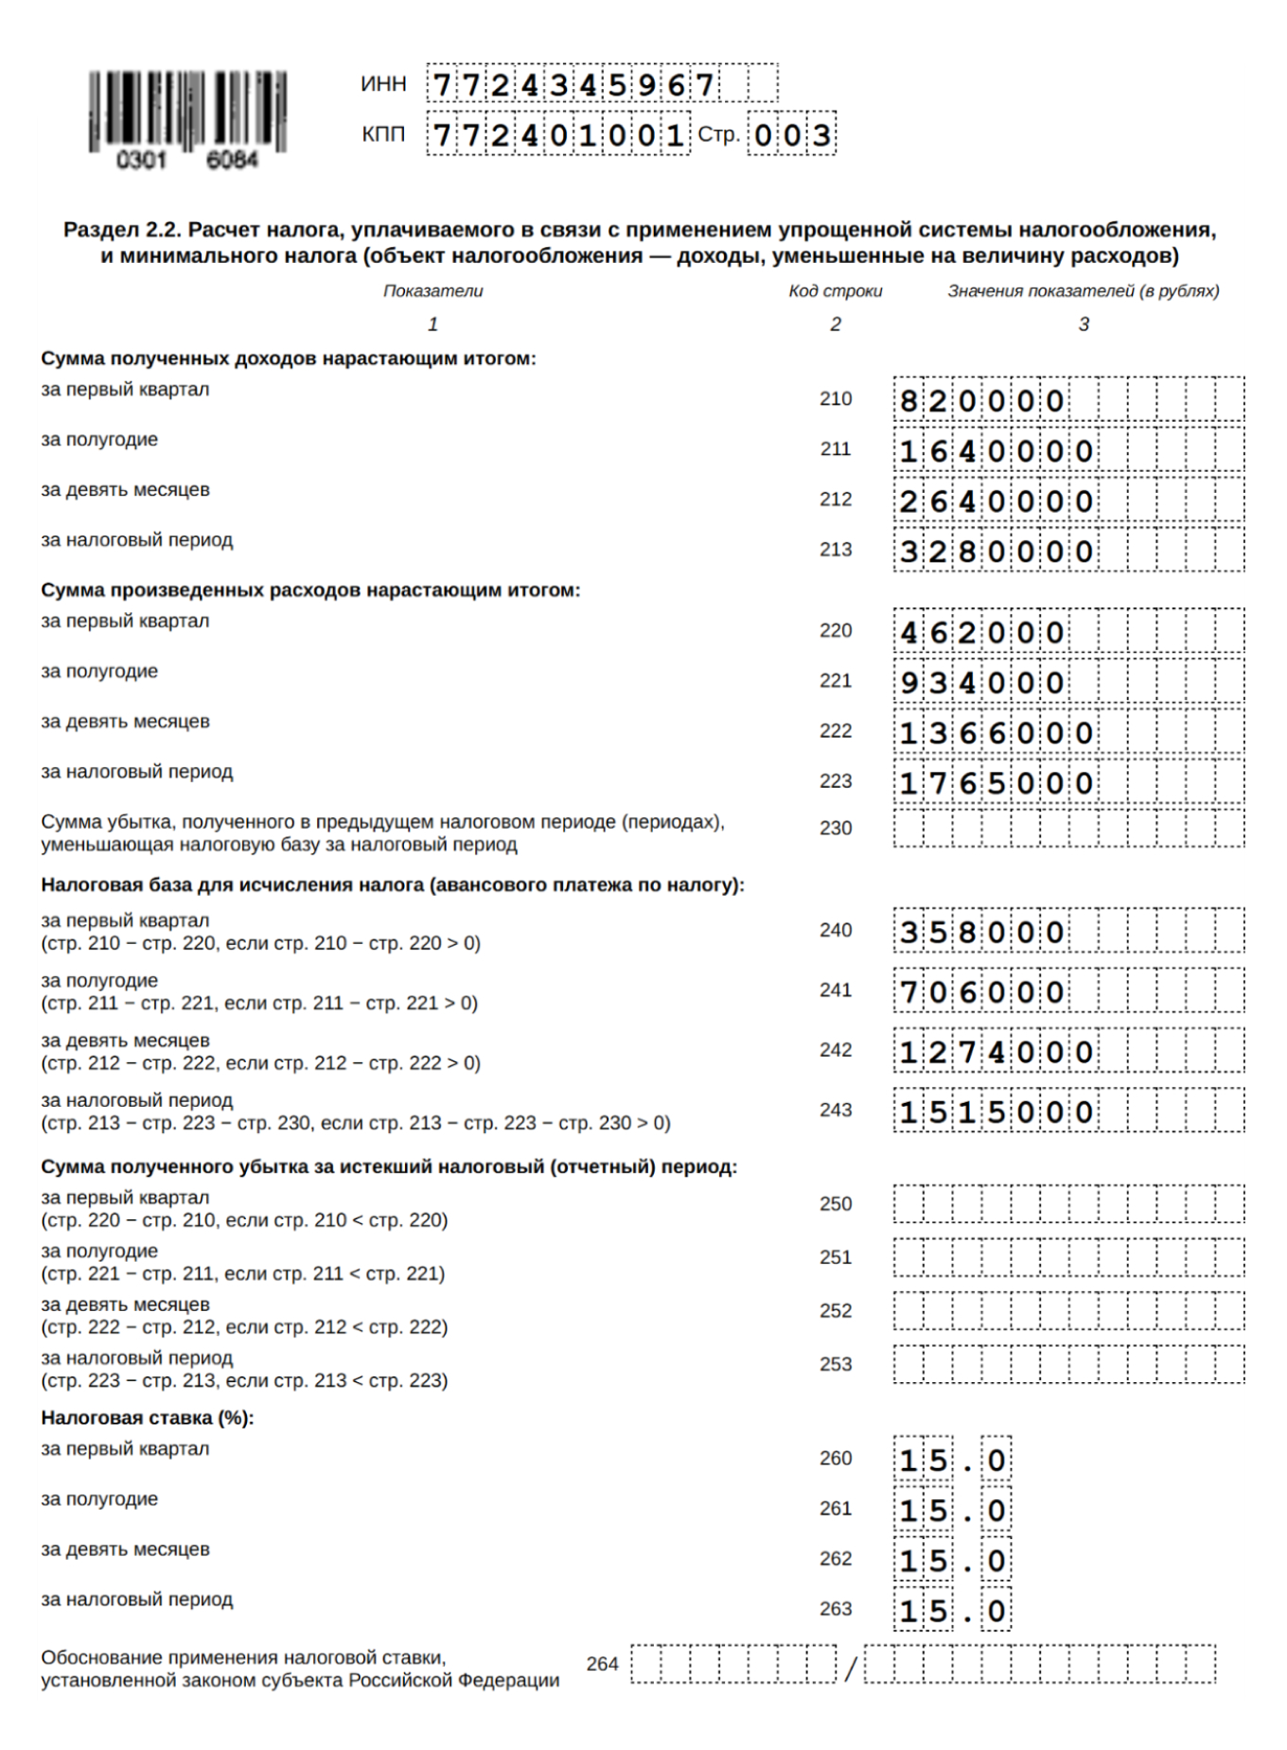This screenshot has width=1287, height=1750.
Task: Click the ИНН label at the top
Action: [383, 84]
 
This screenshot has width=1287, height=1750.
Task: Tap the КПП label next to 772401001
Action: [383, 135]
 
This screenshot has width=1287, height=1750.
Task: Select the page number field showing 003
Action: [791, 135]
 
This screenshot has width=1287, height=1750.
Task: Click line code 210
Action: [836, 399]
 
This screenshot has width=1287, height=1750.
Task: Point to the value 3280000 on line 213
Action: [996, 551]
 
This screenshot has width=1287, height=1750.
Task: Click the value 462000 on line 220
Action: [981, 632]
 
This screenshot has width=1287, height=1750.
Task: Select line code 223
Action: [836, 781]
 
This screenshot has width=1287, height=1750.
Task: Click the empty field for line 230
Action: [1068, 829]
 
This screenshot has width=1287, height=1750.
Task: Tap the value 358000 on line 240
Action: [981, 933]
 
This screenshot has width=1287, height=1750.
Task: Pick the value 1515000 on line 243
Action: [996, 1112]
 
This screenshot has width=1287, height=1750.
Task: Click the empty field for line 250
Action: [1068, 1204]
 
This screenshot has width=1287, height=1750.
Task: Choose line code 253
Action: [836, 1364]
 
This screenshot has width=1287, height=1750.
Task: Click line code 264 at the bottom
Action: [602, 1664]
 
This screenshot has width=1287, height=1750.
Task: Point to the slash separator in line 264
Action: [851, 1669]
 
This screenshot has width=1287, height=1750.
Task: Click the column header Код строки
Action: [836, 291]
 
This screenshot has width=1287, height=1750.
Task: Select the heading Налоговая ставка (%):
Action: [148, 1418]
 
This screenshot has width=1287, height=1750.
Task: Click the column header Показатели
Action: [432, 291]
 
